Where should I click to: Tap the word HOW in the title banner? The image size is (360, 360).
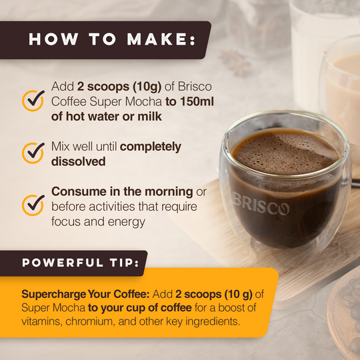tap(53, 39)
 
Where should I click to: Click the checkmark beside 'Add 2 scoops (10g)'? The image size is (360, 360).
tap(33, 101)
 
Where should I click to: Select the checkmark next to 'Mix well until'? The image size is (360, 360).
tap(33, 153)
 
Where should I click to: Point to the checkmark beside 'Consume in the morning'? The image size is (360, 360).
tap(33, 205)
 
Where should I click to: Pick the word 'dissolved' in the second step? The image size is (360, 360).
tap(78, 161)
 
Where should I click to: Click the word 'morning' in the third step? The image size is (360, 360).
tap(169, 192)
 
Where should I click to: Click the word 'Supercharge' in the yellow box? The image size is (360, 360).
tap(53, 295)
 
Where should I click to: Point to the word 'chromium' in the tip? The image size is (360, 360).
tap(90, 321)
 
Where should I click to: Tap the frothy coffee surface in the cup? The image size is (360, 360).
tap(285, 151)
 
